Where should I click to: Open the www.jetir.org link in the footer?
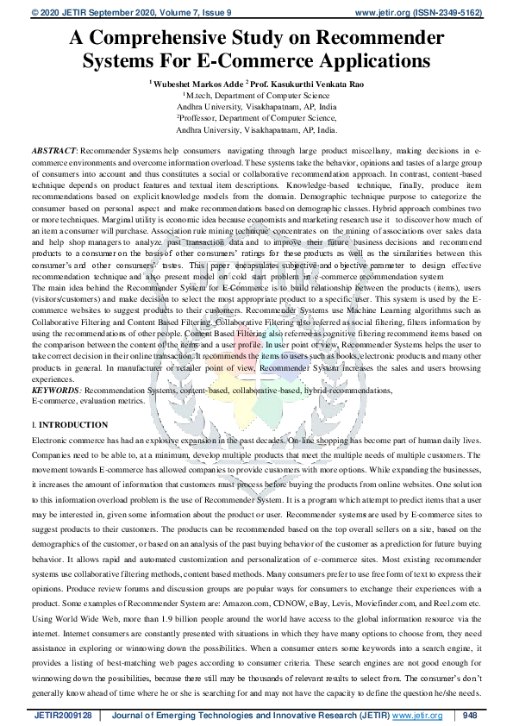pos(418,716)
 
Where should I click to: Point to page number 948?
pos(469,716)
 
